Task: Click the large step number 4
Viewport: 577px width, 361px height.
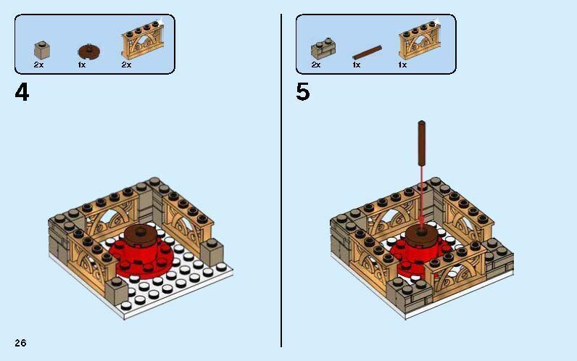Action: click(22, 93)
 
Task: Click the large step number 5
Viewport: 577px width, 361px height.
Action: click(302, 93)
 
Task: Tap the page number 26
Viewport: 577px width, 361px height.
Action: click(20, 342)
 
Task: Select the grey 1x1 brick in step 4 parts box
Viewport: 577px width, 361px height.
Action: click(41, 50)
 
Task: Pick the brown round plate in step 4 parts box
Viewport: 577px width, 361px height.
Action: click(88, 51)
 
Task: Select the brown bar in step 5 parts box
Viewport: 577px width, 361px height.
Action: click(367, 52)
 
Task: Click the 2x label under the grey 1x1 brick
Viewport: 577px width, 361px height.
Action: click(38, 65)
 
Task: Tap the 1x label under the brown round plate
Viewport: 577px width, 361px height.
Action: click(82, 65)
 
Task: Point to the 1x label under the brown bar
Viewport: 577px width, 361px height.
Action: click(357, 65)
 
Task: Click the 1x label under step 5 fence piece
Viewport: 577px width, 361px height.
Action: click(402, 65)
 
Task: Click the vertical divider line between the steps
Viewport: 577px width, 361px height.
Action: click(281, 181)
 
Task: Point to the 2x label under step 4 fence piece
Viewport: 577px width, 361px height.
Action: click(126, 65)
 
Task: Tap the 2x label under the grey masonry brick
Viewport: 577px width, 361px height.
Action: click(316, 65)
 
